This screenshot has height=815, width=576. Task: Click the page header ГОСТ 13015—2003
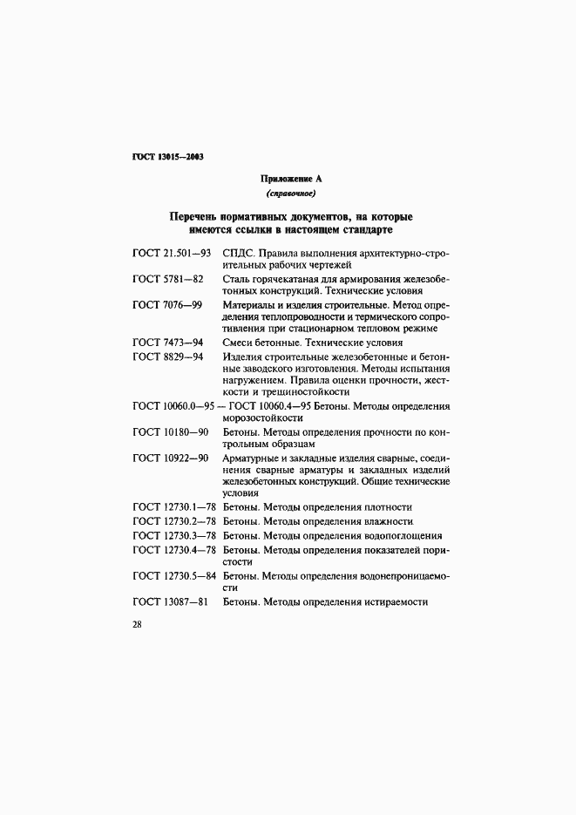(167, 157)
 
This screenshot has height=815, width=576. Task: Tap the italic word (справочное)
(290, 193)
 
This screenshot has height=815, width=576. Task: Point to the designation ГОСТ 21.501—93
(173, 253)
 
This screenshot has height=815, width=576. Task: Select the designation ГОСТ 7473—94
(168, 343)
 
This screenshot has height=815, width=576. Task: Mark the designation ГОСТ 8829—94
(168, 357)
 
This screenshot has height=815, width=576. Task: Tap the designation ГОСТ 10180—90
(171, 432)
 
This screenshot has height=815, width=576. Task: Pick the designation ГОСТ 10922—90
(171, 458)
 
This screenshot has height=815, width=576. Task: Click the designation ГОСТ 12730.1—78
(174, 507)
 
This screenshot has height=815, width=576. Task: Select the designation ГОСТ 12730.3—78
(174, 535)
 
